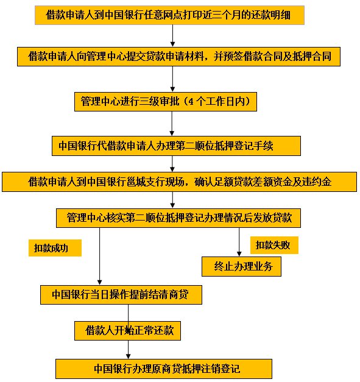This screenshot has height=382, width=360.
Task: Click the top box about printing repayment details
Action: click(x=169, y=15)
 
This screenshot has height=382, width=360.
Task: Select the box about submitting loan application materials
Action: click(x=178, y=57)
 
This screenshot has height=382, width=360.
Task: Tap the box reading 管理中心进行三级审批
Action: click(x=166, y=102)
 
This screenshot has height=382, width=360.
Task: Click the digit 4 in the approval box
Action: click(x=191, y=102)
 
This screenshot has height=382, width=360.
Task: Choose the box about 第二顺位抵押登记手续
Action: click(x=176, y=146)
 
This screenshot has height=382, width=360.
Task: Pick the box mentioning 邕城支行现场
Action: click(x=179, y=182)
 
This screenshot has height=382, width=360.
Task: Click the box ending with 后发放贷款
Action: click(x=178, y=218)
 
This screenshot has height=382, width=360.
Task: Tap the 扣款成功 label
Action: click(x=55, y=248)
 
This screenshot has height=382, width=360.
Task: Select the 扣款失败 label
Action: click(x=274, y=245)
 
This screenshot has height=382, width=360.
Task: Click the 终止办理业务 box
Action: click(x=241, y=266)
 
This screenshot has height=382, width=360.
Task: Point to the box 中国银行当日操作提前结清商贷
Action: click(x=121, y=295)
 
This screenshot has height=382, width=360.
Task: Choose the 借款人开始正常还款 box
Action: click(x=127, y=331)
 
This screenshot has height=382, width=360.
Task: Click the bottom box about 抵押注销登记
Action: click(x=164, y=369)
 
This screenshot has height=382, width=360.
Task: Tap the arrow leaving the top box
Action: click(x=173, y=35)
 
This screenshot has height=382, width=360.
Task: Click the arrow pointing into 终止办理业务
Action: click(x=239, y=242)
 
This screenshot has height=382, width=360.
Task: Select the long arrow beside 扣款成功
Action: click(x=99, y=256)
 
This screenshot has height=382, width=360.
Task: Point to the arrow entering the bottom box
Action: click(x=128, y=350)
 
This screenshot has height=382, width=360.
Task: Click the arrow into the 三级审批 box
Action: click(x=173, y=79)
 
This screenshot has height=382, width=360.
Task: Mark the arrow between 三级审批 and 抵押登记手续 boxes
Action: click(x=172, y=124)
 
